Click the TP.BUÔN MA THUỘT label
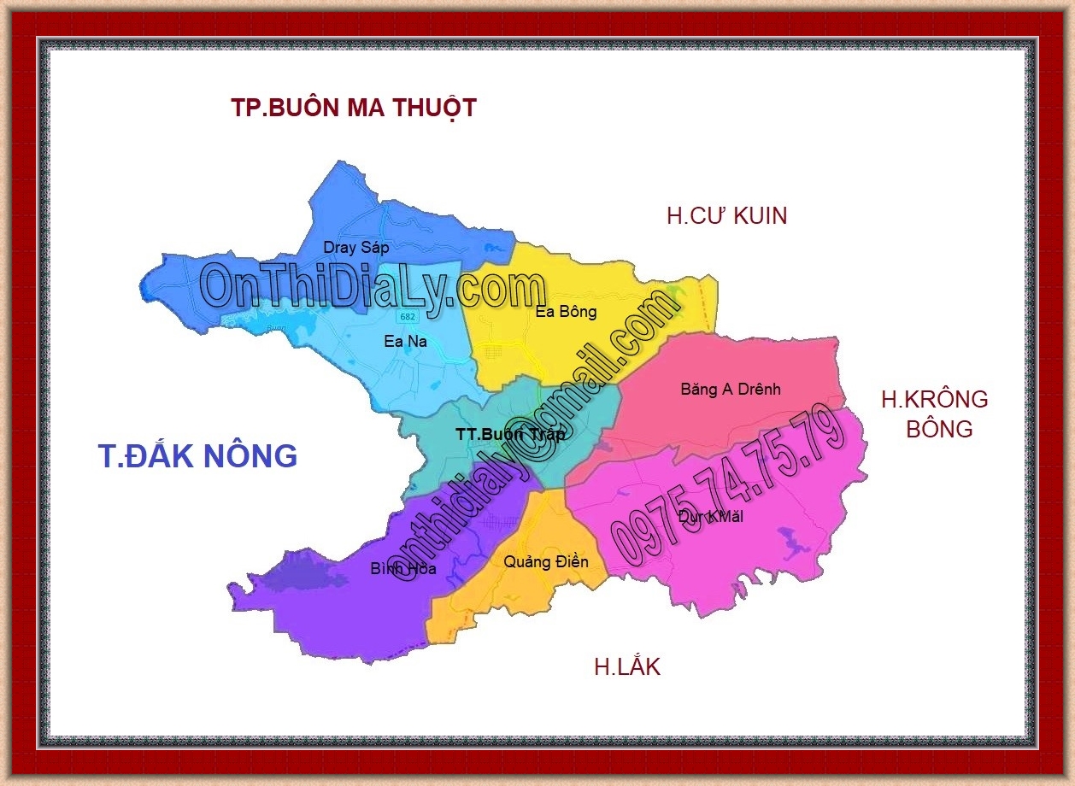[353, 109]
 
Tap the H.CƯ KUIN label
[726, 216]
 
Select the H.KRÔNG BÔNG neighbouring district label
[935, 414]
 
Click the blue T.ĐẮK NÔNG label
[197, 456]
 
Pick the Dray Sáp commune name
[355, 248]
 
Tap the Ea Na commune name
[405, 342]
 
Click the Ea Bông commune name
[566, 312]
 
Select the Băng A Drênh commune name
[731, 390]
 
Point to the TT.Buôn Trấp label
[510, 434]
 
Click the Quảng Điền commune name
[545, 562]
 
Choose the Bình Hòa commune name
[403, 568]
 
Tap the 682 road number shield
[408, 316]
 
